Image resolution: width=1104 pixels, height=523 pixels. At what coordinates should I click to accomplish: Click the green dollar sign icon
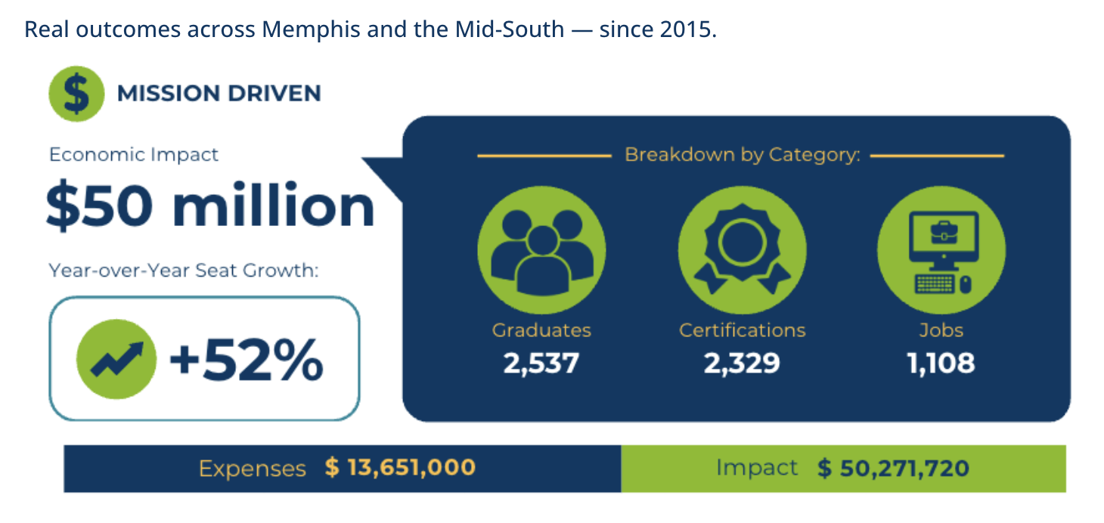pyautogui.click(x=76, y=94)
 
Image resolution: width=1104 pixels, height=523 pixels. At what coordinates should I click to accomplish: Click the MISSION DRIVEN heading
pyautogui.click(x=219, y=94)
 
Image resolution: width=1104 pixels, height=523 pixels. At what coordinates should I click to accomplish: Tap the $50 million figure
pyautogui.click(x=210, y=206)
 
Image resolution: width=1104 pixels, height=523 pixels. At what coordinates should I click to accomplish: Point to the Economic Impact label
pyautogui.click(x=134, y=155)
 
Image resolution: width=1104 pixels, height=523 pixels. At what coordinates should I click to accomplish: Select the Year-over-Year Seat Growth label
pyautogui.click(x=184, y=270)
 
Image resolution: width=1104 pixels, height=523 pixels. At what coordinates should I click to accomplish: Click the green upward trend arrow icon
pyautogui.click(x=116, y=359)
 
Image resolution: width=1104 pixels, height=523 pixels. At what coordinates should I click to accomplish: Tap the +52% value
pyautogui.click(x=247, y=361)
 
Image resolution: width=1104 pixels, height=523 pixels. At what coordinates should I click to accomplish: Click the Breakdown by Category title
pyautogui.click(x=742, y=156)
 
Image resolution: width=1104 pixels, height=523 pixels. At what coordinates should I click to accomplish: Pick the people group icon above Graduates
pyautogui.click(x=541, y=250)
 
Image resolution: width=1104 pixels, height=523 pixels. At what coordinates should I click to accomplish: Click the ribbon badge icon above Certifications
pyautogui.click(x=742, y=250)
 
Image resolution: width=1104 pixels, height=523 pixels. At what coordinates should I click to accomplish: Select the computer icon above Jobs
pyautogui.click(x=941, y=250)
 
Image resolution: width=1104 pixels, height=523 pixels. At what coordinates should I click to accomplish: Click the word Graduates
pyautogui.click(x=541, y=330)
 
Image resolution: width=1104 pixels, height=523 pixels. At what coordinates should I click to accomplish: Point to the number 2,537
pyautogui.click(x=541, y=364)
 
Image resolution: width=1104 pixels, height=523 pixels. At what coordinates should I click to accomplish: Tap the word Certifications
pyautogui.click(x=742, y=330)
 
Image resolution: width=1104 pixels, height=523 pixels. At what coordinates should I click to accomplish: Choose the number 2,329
pyautogui.click(x=742, y=364)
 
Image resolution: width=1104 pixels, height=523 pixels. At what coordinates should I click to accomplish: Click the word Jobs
pyautogui.click(x=941, y=330)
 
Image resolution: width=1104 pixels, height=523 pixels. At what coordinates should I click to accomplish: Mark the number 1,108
pyautogui.click(x=941, y=364)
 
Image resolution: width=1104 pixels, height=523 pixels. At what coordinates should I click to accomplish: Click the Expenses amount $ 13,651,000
pyautogui.click(x=400, y=468)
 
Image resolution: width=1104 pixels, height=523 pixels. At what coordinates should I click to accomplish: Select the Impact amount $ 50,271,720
pyautogui.click(x=893, y=469)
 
